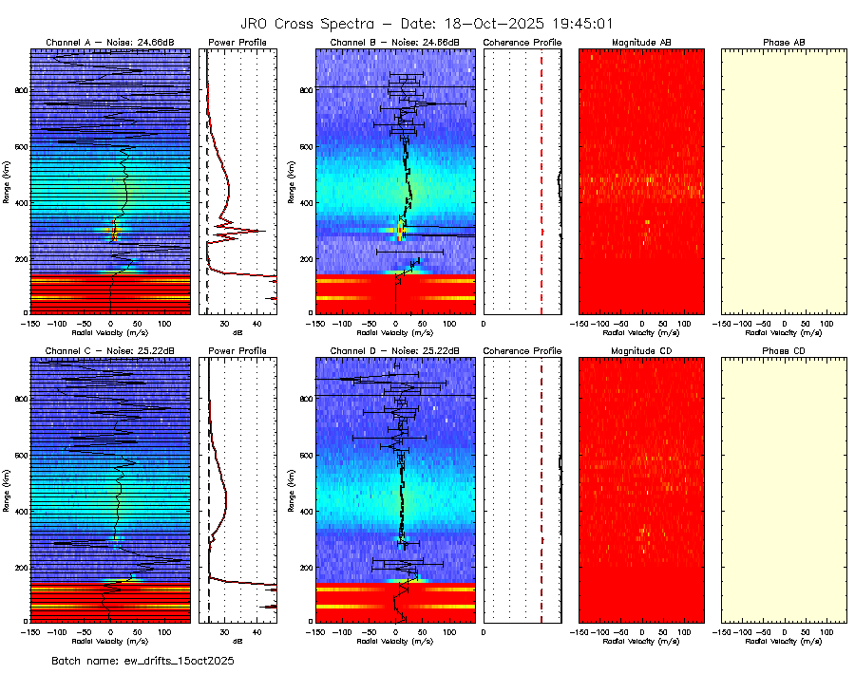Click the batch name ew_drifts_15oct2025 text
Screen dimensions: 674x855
point(142,660)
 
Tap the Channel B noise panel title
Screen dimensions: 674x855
point(394,43)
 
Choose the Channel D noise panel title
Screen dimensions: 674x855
point(394,350)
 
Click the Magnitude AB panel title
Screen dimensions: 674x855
point(641,43)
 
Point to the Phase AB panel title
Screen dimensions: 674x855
point(784,43)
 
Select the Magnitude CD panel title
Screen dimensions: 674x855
point(641,350)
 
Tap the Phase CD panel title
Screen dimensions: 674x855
point(784,350)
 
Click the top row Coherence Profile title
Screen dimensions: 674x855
point(522,43)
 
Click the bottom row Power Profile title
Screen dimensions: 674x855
point(237,350)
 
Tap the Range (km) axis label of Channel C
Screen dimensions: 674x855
point(8,489)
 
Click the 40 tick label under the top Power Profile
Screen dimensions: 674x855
point(256,324)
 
